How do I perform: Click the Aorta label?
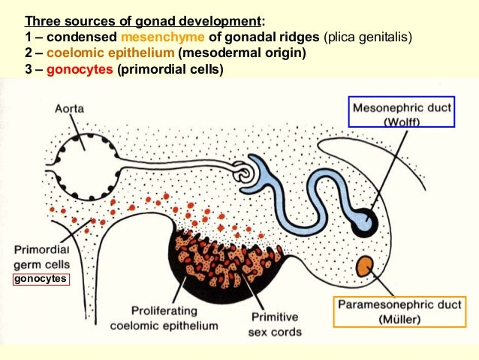click(69, 109)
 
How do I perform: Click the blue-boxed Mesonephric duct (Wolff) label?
click(402, 113)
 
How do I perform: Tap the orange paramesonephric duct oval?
click(366, 265)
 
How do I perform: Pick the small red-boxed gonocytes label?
click(40, 280)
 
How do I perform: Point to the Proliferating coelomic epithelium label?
click(164, 319)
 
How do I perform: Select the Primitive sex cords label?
click(275, 325)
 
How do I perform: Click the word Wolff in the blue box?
click(402, 121)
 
